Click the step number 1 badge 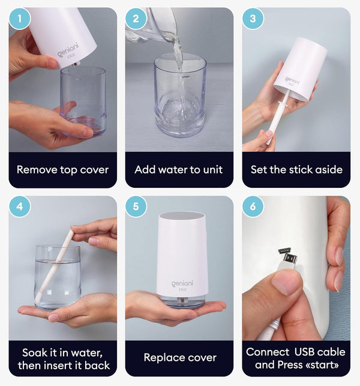(x=20, y=19)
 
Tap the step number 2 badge (x=136, y=19)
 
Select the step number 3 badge (x=253, y=19)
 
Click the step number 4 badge (x=20, y=207)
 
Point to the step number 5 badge (x=136, y=207)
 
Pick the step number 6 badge (x=253, y=207)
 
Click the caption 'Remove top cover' (x=62, y=169)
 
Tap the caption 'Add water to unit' (x=179, y=169)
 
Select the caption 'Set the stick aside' (x=296, y=169)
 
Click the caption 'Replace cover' (x=179, y=358)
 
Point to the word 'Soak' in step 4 (x=35, y=351)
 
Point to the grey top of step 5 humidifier (x=179, y=217)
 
